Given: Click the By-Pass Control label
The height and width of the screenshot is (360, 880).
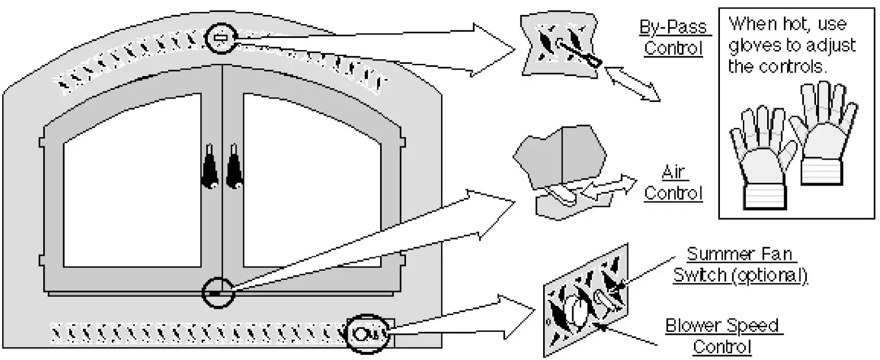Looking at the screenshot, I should coord(673,38).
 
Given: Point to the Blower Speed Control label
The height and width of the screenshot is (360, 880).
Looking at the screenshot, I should coord(722,336).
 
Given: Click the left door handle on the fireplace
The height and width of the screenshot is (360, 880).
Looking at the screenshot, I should coord(208,167).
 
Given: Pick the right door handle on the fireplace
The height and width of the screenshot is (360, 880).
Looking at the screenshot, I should coord(234,167).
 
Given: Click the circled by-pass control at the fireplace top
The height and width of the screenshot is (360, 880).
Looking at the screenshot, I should coord(221,38).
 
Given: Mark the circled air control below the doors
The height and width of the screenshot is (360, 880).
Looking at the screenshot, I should coord(218,293).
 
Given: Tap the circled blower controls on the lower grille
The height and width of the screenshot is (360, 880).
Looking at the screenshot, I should coord(368,332).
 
